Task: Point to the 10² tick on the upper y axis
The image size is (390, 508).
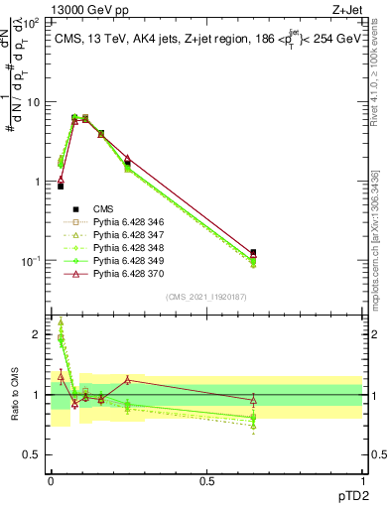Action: (36, 23)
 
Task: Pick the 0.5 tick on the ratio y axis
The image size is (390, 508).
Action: (38, 454)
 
